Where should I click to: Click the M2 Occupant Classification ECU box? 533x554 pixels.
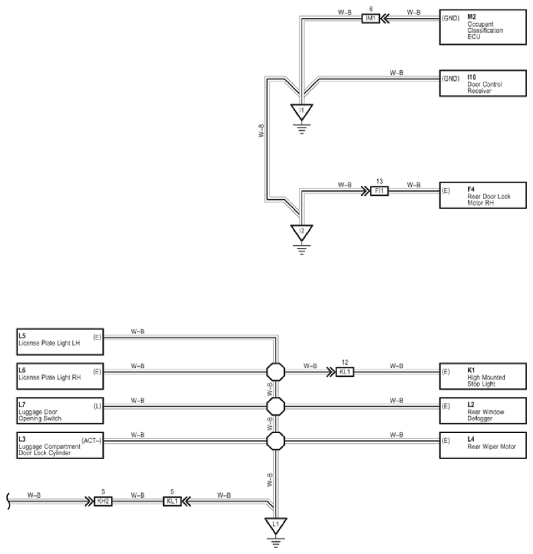pyautogui.click(x=483, y=27)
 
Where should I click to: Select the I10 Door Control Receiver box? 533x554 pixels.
pyautogui.click(x=483, y=84)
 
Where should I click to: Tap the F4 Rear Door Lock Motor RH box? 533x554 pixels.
pyautogui.click(x=483, y=195)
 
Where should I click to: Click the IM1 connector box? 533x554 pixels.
pyautogui.click(x=370, y=18)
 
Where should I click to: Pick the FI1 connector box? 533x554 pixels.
pyautogui.click(x=379, y=190)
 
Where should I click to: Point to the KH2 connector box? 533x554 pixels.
pyautogui.click(x=103, y=501)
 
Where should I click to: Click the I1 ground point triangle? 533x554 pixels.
pyautogui.click(x=302, y=112)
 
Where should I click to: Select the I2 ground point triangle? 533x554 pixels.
pyautogui.click(x=302, y=233)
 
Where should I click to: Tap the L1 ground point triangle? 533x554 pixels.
pyautogui.click(x=276, y=526)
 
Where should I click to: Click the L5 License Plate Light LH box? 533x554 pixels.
pyautogui.click(x=60, y=342)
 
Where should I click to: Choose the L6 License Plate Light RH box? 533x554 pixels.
pyautogui.click(x=60, y=376)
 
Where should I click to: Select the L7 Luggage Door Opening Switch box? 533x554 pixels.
pyautogui.click(x=60, y=410)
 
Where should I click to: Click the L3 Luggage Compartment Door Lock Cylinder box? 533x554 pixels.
pyautogui.click(x=60, y=445)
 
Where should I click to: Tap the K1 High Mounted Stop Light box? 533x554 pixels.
pyautogui.click(x=483, y=376)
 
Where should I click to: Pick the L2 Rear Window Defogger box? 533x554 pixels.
pyautogui.click(x=483, y=410)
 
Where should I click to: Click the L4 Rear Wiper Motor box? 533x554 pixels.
pyautogui.click(x=483, y=445)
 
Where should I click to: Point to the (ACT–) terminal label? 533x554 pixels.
pyautogui.click(x=92, y=440)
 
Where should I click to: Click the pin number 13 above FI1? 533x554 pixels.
pyautogui.click(x=379, y=181)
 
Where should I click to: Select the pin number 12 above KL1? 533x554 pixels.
pyautogui.click(x=345, y=362)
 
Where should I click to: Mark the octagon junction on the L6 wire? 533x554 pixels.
pyautogui.click(x=276, y=372)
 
